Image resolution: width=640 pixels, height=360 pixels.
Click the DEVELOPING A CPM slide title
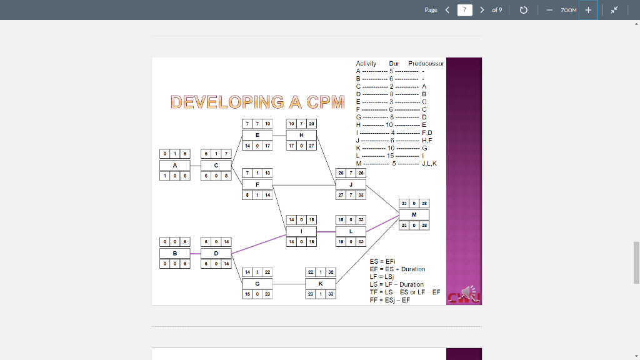tap(257, 102)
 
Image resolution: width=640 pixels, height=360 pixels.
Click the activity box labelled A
tap(175, 165)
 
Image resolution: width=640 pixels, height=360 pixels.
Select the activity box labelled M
tap(414, 214)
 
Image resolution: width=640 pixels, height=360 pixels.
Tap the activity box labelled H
tap(301, 134)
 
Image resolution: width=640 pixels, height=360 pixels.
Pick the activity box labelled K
tap(321, 283)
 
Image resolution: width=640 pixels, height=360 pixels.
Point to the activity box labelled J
tap(351, 184)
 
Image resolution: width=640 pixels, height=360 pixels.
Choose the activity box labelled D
tap(216, 253)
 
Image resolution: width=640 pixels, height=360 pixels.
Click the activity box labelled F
tap(257, 184)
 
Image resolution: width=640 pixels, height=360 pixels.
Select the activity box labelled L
tap(351, 231)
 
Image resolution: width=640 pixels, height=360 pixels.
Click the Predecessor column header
tap(426, 63)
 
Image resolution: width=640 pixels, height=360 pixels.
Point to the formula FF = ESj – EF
tap(389, 300)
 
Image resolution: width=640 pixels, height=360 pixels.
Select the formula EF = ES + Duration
tap(397, 269)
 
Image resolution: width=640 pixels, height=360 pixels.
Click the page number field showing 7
tap(464, 10)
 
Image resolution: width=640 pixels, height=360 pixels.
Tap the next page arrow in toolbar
tap(482, 10)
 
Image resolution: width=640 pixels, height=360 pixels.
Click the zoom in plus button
tap(588, 10)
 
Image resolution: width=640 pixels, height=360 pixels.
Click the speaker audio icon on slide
tap(468, 292)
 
